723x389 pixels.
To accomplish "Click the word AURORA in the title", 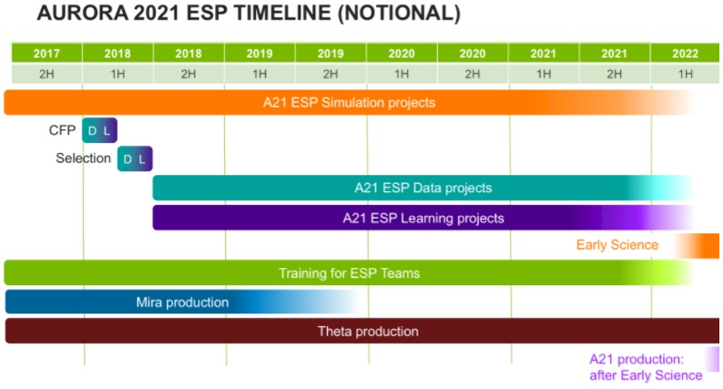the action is [x=83, y=13].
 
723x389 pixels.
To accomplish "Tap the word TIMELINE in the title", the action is [x=282, y=13].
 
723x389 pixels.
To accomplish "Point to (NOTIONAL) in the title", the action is [x=399, y=13].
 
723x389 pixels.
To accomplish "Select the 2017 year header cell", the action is [x=46, y=53].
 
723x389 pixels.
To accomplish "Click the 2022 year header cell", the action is [x=685, y=53].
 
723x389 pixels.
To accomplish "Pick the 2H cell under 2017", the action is [x=46, y=74].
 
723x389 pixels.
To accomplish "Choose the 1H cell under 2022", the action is [x=685, y=74].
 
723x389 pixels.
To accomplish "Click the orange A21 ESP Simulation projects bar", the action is [x=349, y=102].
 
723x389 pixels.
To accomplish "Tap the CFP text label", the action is [x=62, y=130].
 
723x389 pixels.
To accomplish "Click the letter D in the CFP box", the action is [x=92, y=131].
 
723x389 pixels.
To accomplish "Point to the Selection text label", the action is [x=84, y=159].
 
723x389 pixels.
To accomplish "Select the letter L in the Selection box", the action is [x=142, y=159].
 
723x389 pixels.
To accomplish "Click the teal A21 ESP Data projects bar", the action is [x=423, y=188].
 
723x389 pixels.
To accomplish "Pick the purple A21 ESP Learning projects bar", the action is [x=423, y=218].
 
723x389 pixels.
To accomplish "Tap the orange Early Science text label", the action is [x=617, y=244].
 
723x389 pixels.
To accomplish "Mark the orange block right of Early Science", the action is [x=697, y=245].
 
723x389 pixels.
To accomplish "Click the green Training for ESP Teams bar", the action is [x=349, y=272].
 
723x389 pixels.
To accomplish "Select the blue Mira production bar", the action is [x=183, y=302].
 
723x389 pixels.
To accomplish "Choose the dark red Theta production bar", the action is [x=362, y=331].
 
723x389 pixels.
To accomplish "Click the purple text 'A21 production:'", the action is [x=636, y=359].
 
